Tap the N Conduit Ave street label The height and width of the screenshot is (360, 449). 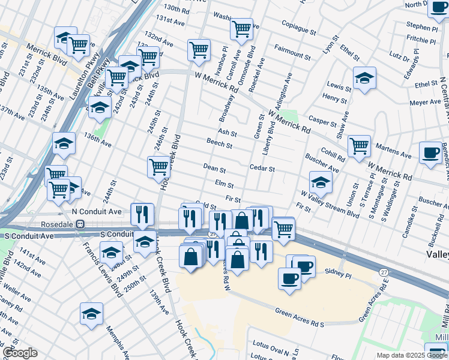tap(97, 212)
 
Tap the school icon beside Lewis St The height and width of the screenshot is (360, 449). tap(364, 79)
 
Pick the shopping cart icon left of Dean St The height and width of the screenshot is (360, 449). tap(159, 167)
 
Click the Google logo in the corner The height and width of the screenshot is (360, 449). tap(20, 353)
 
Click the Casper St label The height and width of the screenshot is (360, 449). tap(324, 122)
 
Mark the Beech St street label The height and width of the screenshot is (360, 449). tap(219, 145)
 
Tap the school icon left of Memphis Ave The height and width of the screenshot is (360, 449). tap(91, 314)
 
